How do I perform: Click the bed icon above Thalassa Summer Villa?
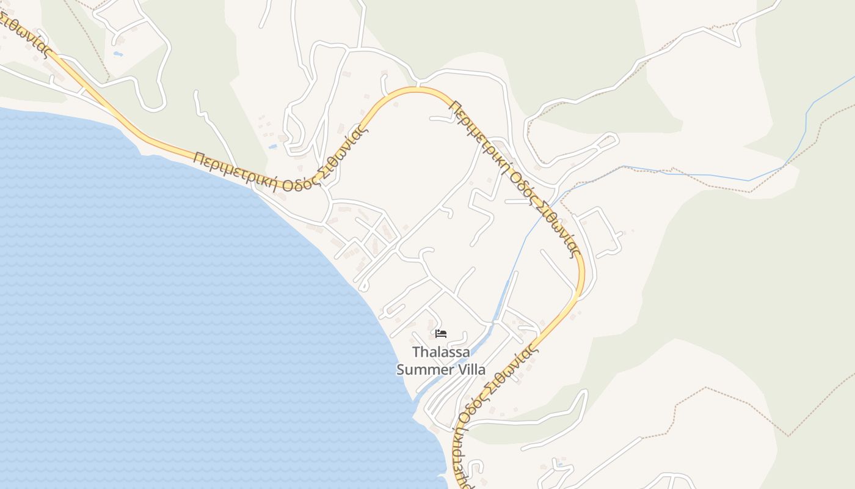(441, 334)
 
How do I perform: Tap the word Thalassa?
(442, 352)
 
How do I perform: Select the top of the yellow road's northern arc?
(415, 90)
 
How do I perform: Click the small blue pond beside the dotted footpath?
(118, 54)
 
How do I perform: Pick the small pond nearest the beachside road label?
(272, 147)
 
